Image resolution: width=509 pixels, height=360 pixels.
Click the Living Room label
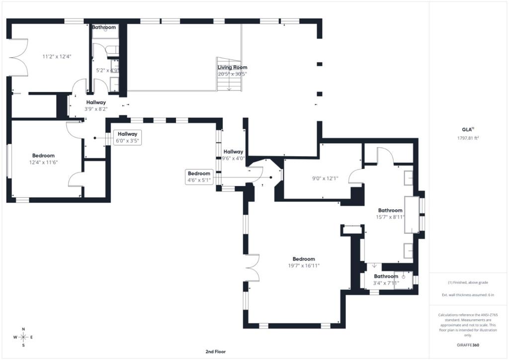tap(233, 67)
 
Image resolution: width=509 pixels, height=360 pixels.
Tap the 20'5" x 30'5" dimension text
tap(233, 74)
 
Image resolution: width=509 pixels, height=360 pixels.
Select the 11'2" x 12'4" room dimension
tap(57, 57)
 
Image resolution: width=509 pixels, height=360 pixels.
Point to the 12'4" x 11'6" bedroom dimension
tap(44, 162)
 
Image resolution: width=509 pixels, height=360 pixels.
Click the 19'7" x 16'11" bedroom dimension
tap(304, 266)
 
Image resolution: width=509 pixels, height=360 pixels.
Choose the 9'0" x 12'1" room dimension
tap(325, 178)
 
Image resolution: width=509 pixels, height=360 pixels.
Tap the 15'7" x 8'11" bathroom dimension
tap(390, 217)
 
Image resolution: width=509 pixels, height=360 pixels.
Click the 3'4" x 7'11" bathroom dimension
tap(386, 283)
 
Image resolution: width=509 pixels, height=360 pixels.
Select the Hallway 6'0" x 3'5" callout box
tap(128, 137)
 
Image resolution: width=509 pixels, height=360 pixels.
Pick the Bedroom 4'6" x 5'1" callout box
tap(199, 177)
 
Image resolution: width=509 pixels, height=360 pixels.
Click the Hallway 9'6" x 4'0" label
tap(234, 155)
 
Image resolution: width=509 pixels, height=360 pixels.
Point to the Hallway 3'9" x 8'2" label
tap(96, 106)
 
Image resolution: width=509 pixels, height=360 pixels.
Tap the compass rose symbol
tap(23, 337)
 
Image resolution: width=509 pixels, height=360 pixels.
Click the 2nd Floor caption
tap(216, 352)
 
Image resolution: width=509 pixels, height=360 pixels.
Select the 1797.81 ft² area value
tap(468, 138)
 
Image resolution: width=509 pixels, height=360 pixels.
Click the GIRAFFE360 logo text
tap(468, 345)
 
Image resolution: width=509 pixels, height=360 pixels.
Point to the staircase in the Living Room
tap(229, 75)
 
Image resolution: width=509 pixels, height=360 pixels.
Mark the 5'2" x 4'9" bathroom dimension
tap(107, 70)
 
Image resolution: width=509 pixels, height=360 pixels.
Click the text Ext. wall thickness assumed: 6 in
tap(468, 295)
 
